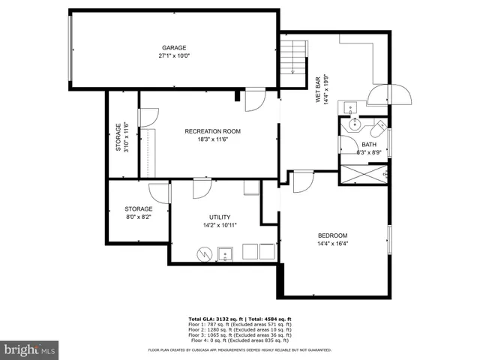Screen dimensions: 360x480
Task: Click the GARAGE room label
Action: tap(174, 47)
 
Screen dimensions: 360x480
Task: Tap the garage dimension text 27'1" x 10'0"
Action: tap(174, 55)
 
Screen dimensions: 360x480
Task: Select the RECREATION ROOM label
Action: tap(212, 131)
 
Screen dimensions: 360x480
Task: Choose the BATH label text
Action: tap(369, 145)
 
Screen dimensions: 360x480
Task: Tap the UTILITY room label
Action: tap(220, 217)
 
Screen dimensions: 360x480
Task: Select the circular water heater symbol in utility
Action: tap(203, 254)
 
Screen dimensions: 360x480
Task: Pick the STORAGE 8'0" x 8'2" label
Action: tap(138, 213)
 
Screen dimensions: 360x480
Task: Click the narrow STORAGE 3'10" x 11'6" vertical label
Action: tap(122, 137)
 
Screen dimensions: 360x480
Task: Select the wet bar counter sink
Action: tap(349, 106)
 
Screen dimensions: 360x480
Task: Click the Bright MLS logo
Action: tap(30, 349)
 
